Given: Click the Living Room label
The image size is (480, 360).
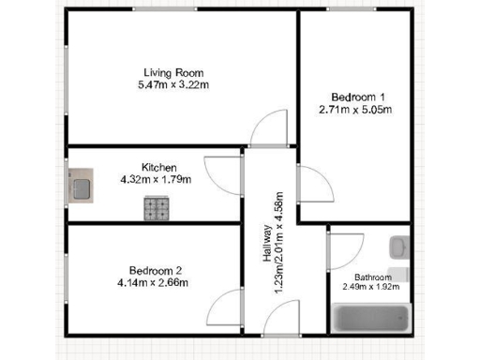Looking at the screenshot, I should click(173, 73).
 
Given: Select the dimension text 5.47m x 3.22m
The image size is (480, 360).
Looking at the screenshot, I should click(173, 85).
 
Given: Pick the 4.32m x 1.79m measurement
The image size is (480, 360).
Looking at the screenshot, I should click(156, 179).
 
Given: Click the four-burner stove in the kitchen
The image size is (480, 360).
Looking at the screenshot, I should click(157, 207).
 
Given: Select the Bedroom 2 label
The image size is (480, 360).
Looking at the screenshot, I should click(156, 271).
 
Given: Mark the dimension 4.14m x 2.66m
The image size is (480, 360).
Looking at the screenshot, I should click(156, 282).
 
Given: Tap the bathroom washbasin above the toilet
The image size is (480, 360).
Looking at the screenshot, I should click(399, 247).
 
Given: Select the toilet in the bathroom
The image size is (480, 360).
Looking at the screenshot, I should click(399, 274).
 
